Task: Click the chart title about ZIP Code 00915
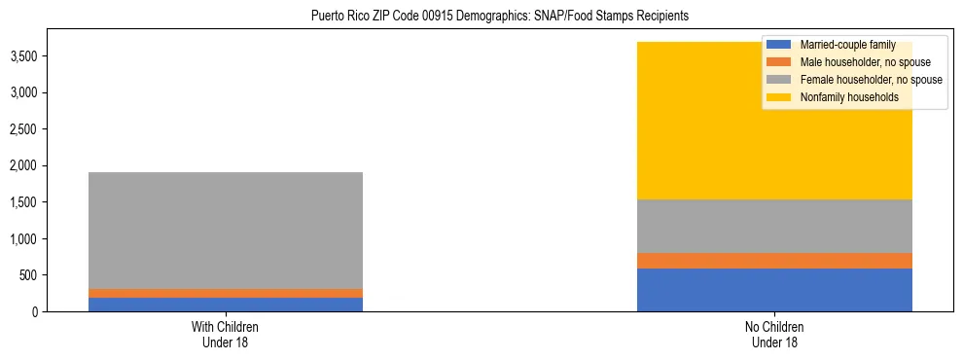click(x=500, y=16)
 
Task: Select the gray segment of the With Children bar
click(x=225, y=230)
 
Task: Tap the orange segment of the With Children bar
click(x=225, y=293)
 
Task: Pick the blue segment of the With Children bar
click(x=225, y=305)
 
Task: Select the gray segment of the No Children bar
click(x=774, y=226)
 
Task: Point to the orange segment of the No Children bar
click(x=774, y=261)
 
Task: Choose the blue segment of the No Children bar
click(x=774, y=290)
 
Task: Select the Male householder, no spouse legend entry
click(x=854, y=62)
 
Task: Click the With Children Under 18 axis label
click(x=225, y=334)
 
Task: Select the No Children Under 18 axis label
click(x=774, y=334)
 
